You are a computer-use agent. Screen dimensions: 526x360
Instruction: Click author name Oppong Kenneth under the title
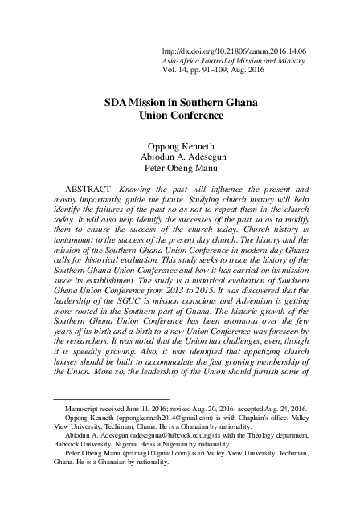(x=180, y=146)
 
